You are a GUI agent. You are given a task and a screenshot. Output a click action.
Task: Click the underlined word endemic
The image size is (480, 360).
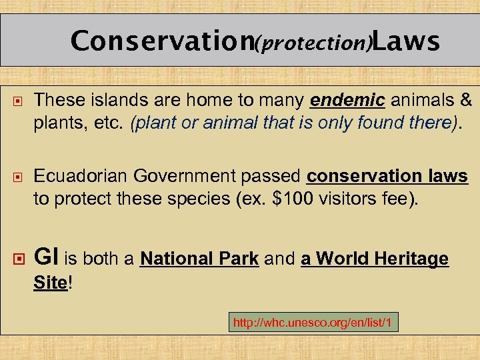point(348,101)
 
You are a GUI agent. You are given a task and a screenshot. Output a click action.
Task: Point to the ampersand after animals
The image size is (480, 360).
point(465,101)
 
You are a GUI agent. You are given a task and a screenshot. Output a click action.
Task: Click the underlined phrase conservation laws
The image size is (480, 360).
point(387,176)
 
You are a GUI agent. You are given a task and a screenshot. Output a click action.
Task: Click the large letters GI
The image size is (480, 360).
point(47,257)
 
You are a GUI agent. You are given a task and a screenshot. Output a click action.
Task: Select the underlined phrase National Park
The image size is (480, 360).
point(199,259)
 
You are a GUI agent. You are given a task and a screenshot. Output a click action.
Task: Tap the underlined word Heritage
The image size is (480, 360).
point(407,259)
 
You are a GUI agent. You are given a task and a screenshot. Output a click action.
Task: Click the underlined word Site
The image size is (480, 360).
point(50,282)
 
